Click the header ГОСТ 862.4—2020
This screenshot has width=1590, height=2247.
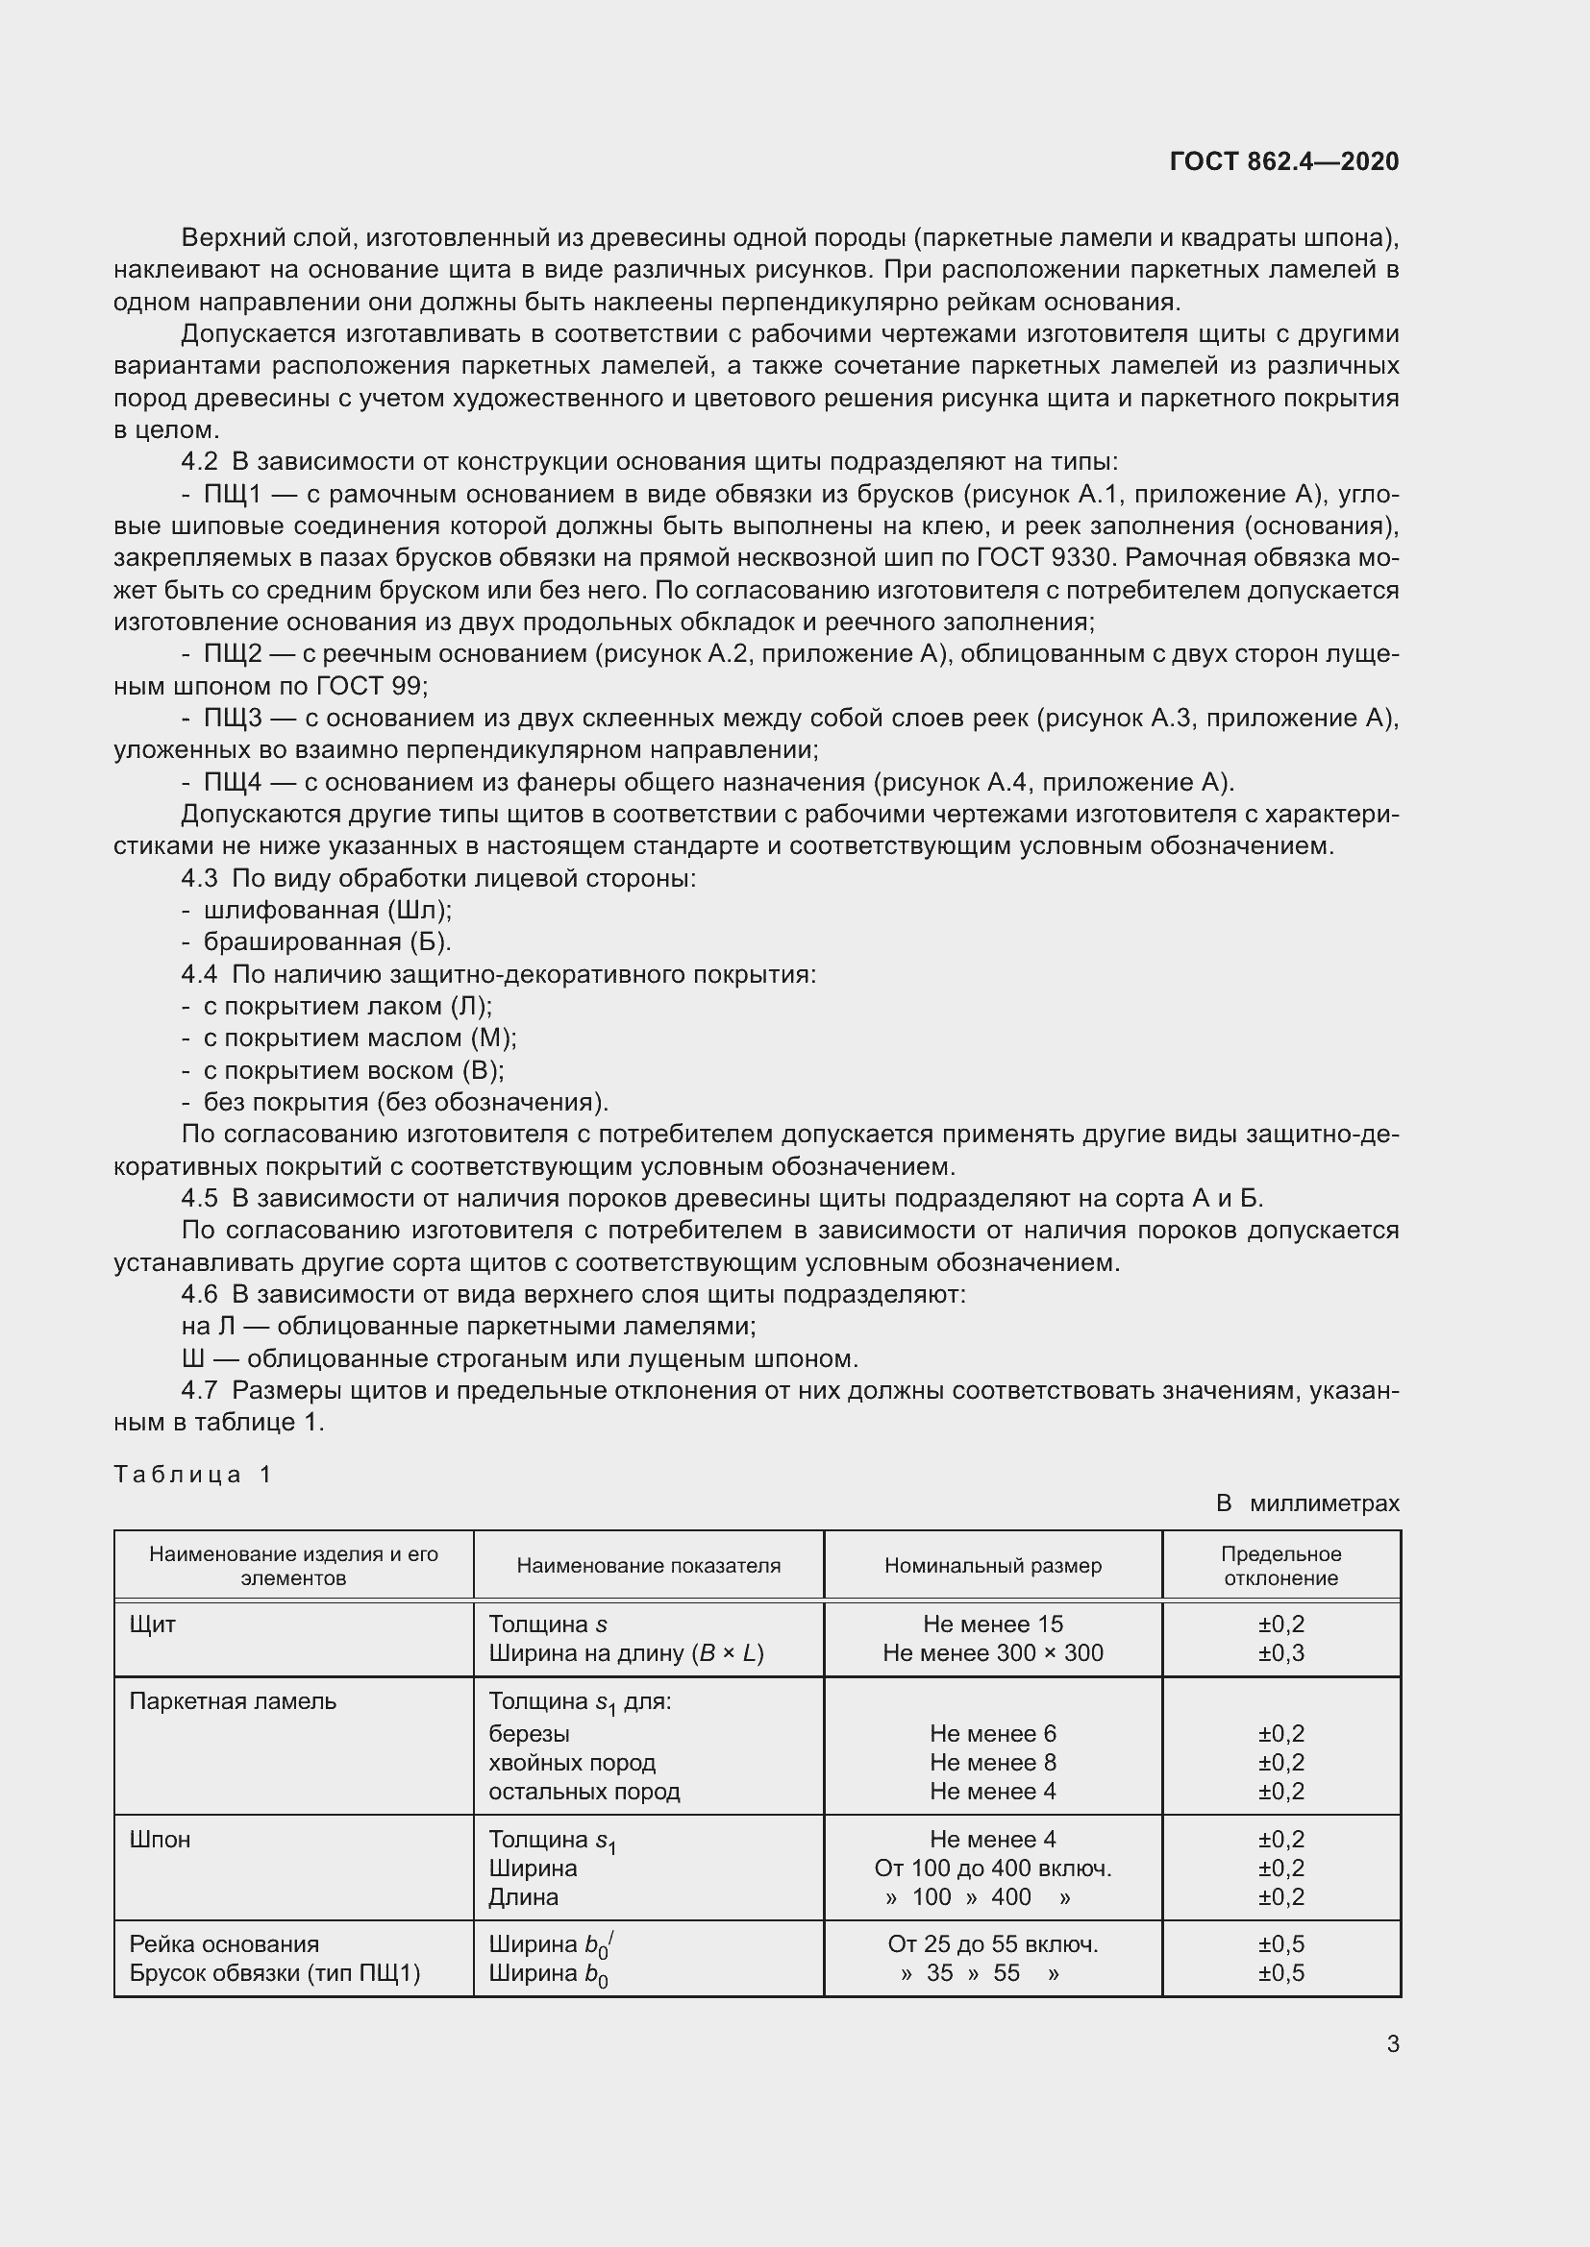point(1283,161)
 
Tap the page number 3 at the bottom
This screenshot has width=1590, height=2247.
point(1392,2043)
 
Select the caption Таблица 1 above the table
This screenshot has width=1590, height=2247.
point(193,1474)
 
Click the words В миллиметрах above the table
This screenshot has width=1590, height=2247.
point(1307,1502)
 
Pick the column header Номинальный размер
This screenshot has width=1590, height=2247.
point(993,1565)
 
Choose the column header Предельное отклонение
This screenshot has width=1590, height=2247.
point(1280,1566)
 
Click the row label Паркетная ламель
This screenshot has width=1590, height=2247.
point(233,1701)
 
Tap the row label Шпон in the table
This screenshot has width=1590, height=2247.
point(160,1839)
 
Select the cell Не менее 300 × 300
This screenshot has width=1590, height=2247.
point(993,1653)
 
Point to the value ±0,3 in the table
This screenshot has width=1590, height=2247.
point(1280,1653)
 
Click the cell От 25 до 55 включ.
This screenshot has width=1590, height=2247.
point(993,1943)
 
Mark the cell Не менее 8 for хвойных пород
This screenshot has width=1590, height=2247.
point(993,1762)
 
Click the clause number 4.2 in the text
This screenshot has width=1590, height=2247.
point(200,462)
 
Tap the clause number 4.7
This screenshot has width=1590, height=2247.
point(200,1390)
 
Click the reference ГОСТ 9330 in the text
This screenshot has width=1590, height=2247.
point(1047,558)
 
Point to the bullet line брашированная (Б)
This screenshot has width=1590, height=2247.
point(326,941)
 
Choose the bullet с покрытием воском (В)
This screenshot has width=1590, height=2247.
point(353,1069)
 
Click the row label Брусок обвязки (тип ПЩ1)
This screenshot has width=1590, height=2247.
point(274,1972)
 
